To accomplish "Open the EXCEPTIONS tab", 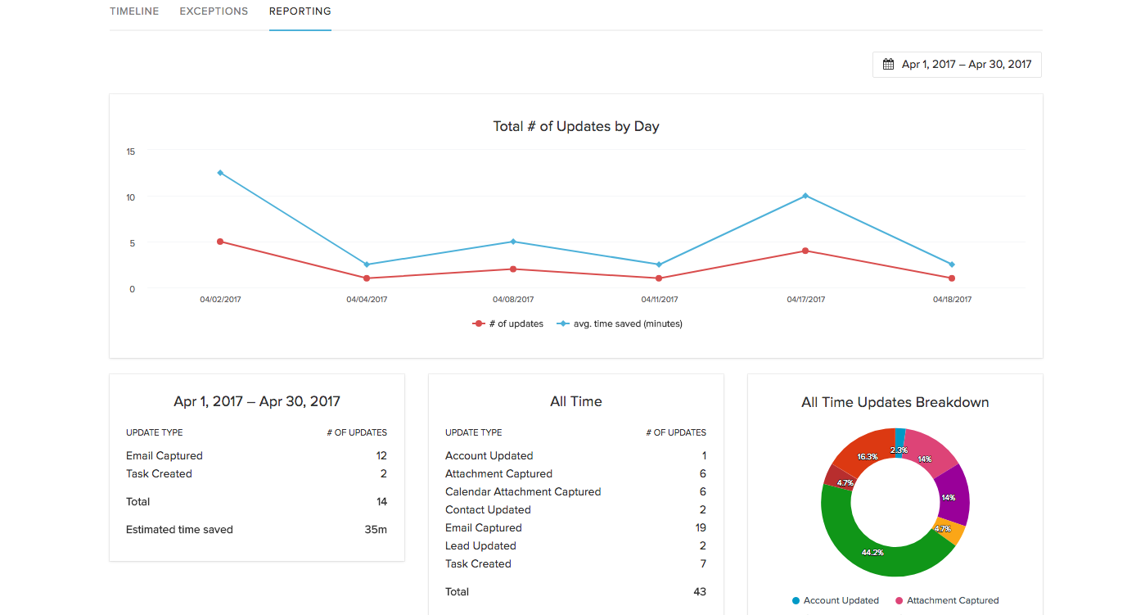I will (x=214, y=11).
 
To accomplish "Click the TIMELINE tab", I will (x=134, y=11).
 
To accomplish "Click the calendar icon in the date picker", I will (x=888, y=64).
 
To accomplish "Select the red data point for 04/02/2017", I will (x=220, y=242).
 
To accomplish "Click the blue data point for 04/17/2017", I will (x=805, y=196).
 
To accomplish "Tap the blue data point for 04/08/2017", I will (x=513, y=242).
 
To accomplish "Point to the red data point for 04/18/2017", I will (x=952, y=278).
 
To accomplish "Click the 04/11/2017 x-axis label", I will (x=660, y=300).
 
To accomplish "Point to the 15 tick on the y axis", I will (x=131, y=151).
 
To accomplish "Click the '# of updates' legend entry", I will (x=508, y=323).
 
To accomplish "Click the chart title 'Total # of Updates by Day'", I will (x=575, y=126).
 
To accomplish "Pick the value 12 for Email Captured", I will (x=381, y=455).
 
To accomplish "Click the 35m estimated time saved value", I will (x=376, y=529).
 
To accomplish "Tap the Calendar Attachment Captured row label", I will (x=523, y=491).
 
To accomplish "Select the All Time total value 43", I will (x=699, y=591).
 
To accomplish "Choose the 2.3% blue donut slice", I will (x=899, y=434).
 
